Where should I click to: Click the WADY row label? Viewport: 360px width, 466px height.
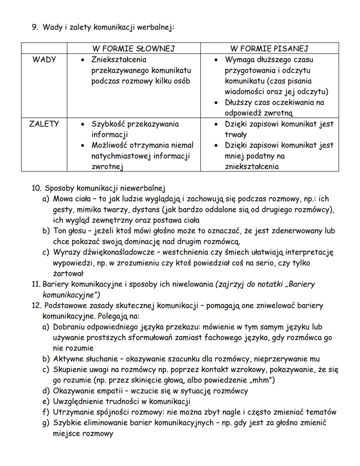tap(44, 60)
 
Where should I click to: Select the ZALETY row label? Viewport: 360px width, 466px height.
tap(44, 124)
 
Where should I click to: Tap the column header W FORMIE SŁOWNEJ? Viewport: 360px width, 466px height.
tap(133, 49)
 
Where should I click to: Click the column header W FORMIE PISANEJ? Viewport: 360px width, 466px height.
tap(269, 49)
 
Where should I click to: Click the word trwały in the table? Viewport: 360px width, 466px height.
tap(236, 135)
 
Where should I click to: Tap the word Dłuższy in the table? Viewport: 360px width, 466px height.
tap(238, 102)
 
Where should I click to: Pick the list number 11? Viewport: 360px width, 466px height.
tap(36, 284)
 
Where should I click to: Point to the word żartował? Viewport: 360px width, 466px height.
tap(68, 274)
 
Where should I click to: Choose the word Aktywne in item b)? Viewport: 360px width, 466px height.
tap(68, 359)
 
